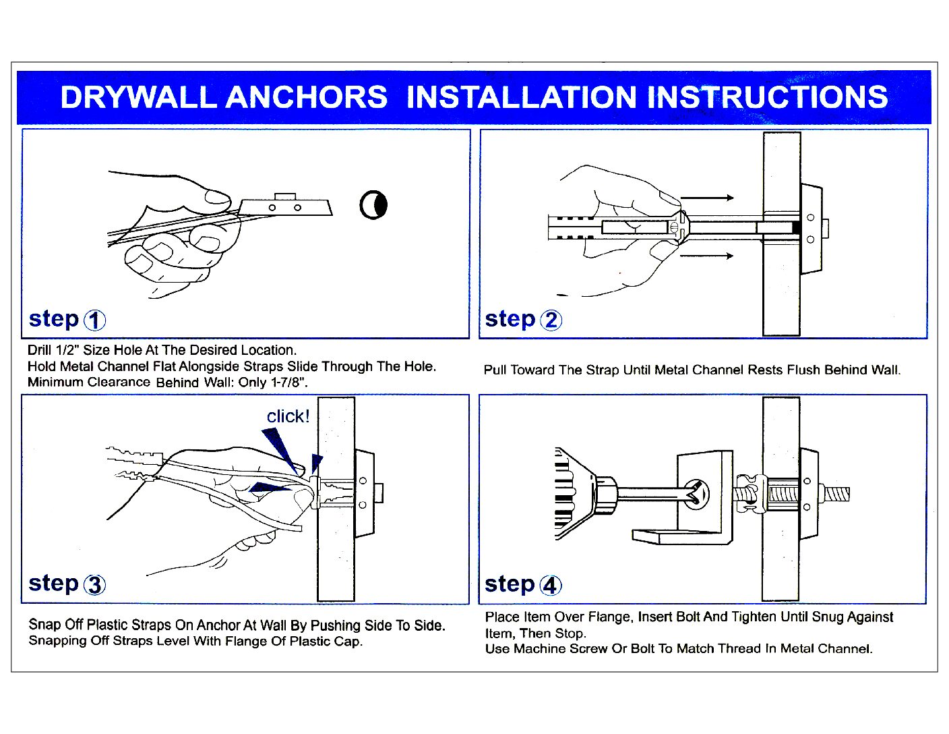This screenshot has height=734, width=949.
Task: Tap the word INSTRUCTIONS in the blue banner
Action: coord(767,97)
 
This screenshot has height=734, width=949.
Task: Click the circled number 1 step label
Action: coord(94,320)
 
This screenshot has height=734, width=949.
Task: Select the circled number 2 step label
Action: coord(551,320)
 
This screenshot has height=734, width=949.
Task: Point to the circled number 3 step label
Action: coord(94,585)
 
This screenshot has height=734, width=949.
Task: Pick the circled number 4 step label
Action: coord(551,585)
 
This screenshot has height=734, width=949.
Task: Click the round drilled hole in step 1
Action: coord(373,205)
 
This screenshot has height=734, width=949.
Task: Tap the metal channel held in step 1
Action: coord(286,206)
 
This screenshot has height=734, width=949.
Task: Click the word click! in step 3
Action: coord(288,416)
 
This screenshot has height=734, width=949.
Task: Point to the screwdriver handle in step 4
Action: coord(573,495)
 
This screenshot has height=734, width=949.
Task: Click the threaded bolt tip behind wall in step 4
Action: coord(836,494)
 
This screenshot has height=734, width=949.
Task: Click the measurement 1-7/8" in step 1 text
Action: coord(288,383)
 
